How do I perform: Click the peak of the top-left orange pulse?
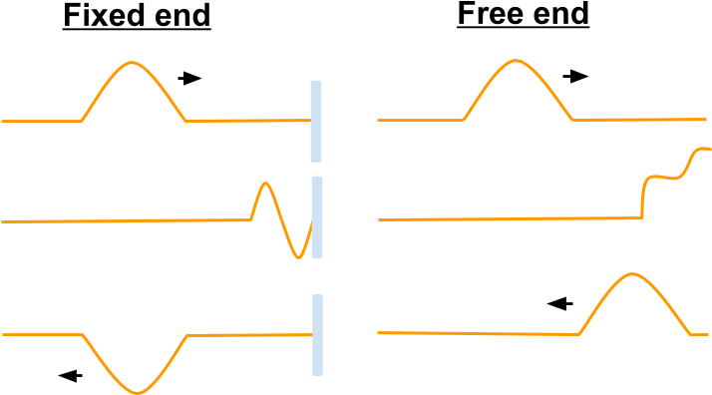133,63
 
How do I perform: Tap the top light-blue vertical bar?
316,121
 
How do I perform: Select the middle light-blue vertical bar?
317,217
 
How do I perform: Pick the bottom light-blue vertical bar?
317,335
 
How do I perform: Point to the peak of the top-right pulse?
515,61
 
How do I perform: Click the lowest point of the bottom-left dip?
138,393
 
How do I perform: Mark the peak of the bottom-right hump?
630,273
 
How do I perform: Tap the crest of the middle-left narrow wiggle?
264,184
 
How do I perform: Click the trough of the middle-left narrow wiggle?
298,257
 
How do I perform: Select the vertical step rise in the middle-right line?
643,197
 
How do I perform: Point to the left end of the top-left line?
2,121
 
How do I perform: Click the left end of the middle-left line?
2,221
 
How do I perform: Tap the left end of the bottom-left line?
2,335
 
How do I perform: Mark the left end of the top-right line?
378,120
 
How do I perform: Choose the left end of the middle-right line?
379,219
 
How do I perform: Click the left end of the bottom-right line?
378,333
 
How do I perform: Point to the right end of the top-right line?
706,120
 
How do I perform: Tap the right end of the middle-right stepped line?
709,150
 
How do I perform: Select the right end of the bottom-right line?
707,335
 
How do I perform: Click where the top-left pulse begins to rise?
81,121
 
